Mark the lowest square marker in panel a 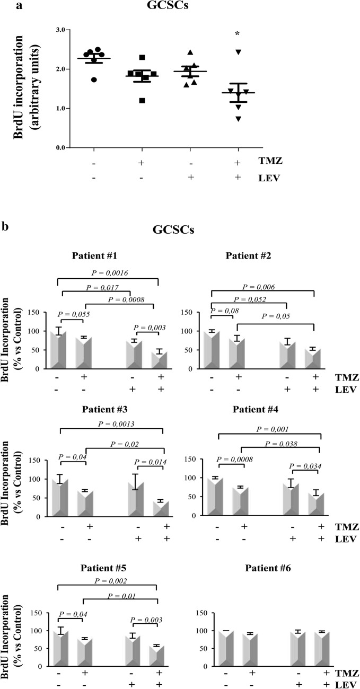141,100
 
